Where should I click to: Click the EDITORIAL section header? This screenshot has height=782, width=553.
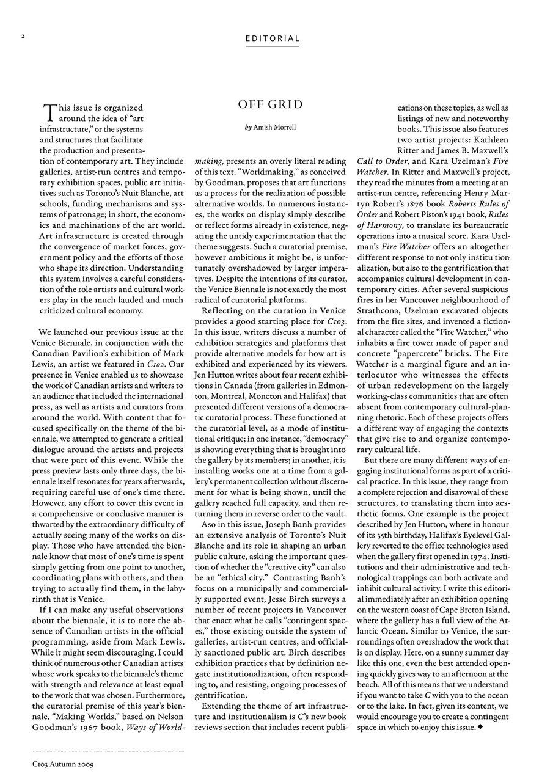273,38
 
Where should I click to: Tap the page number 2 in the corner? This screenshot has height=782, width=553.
23,36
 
